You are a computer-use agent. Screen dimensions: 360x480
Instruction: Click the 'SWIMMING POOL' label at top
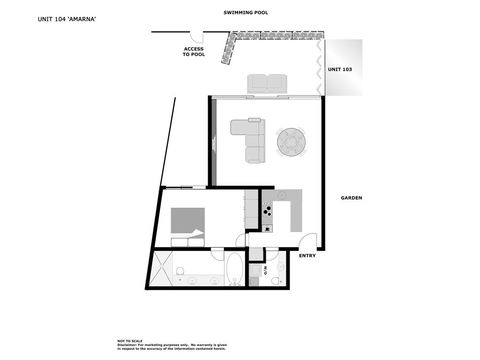coord(246,14)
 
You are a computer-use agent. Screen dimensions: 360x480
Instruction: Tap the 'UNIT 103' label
coord(341,70)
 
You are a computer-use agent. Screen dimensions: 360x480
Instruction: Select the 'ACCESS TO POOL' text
coord(194,52)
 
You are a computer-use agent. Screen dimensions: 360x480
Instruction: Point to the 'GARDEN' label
coord(351,198)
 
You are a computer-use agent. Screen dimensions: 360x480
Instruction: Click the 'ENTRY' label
coord(307,256)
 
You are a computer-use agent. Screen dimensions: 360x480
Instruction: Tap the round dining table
coord(292,142)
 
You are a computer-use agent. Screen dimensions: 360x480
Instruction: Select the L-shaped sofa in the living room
coord(249,138)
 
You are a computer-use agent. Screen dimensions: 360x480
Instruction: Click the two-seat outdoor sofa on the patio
coord(268,84)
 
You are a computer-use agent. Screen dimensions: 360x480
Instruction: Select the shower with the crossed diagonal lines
coord(160,268)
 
